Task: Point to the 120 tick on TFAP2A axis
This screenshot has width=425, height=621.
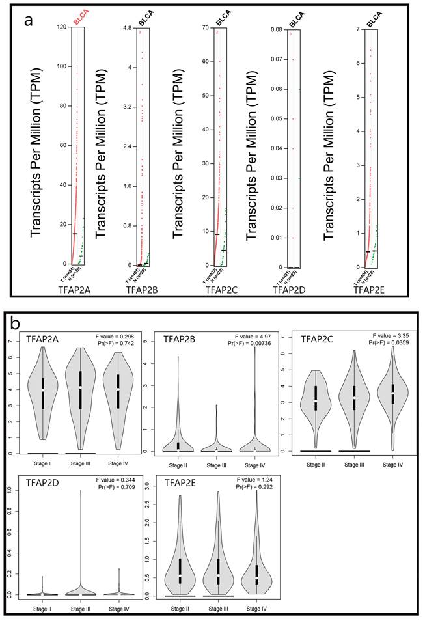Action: pos(62,27)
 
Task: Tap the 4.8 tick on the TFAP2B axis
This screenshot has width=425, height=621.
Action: pos(128,28)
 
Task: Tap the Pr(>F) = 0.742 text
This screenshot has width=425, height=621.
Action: pos(117,344)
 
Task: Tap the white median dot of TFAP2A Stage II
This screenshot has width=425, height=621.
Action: pos(43,389)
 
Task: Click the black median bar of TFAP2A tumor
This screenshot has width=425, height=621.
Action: pos(75,233)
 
